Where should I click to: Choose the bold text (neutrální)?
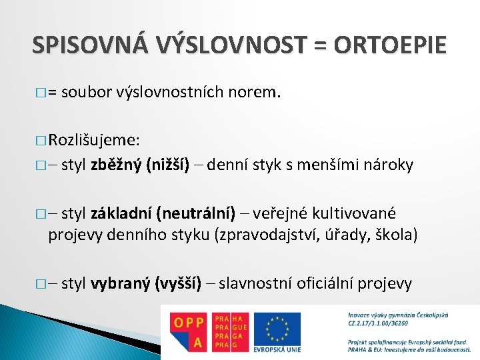[195, 213]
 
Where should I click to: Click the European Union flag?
[274, 327]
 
